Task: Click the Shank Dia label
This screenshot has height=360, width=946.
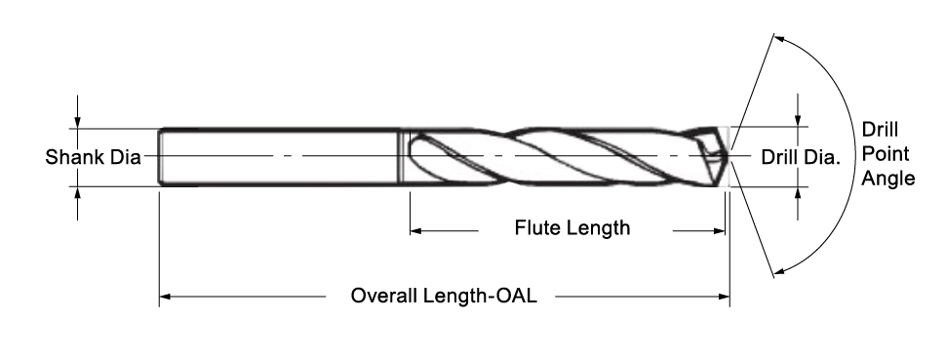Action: pos(94,157)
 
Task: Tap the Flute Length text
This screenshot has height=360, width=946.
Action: pos(572,228)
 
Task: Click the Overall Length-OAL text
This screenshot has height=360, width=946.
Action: pos(445,295)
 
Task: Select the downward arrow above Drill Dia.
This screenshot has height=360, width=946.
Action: pos(800,120)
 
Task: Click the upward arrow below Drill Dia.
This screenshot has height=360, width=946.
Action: pos(800,192)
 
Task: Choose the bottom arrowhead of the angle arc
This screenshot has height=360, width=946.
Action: pos(777,270)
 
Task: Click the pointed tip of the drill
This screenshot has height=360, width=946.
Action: pos(729,156)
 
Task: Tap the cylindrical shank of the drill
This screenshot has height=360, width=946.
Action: pos(283,156)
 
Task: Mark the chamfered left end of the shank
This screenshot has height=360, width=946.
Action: pos(162,156)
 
